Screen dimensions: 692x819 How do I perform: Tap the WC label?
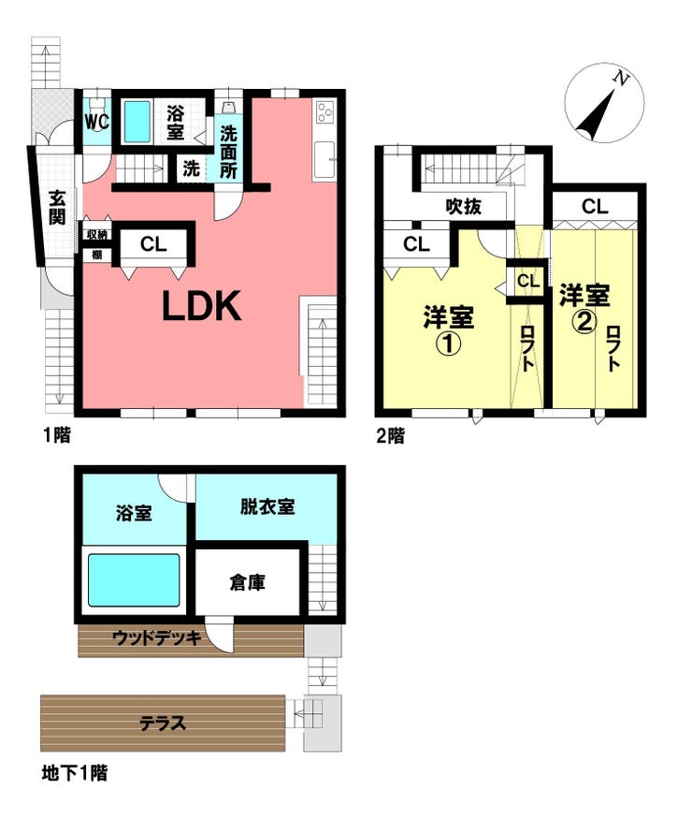97,122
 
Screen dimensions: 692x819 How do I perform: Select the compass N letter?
621,79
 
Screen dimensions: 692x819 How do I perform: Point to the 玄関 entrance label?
57,208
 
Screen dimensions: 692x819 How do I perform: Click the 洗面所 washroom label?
228,152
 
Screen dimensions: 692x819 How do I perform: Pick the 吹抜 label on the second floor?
464,206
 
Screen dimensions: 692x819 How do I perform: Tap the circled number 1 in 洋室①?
448,344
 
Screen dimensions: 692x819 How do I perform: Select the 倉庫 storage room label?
248,582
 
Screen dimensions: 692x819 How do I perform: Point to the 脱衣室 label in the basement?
267,506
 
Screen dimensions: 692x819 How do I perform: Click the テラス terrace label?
163,724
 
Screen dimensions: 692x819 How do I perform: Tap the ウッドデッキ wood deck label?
157,637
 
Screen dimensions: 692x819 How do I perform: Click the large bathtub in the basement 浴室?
134,579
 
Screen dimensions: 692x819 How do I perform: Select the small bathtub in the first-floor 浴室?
137,122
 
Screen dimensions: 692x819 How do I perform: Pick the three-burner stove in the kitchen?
324,111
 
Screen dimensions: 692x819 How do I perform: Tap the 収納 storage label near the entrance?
97,235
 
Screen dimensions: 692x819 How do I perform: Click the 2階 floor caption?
390,435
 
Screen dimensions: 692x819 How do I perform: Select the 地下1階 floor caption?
75,772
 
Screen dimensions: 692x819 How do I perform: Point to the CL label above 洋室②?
595,207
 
